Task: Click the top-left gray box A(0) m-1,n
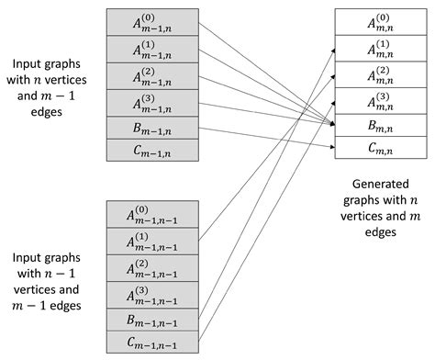152,22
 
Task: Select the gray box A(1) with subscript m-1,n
152,48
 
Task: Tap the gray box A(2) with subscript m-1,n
152,74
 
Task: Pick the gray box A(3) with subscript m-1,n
152,101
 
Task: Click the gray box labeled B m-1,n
152,127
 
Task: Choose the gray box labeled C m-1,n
152,150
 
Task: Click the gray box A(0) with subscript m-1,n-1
152,214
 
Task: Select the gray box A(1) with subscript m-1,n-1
152,241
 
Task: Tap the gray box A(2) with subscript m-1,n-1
152,267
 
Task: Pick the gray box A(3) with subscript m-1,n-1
152,294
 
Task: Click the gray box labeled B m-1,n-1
152,320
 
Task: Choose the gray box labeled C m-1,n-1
152,343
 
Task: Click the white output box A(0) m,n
379,22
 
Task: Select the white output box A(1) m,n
379,48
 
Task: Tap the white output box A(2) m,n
379,74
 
